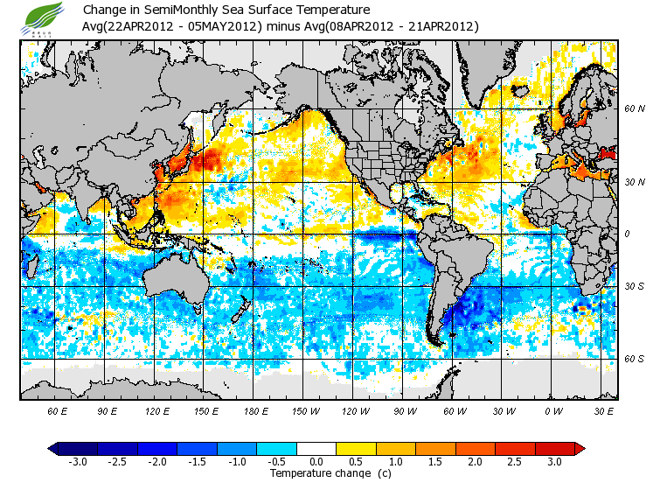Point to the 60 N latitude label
click(635, 108)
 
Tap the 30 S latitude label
click(635, 287)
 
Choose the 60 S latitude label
click(635, 359)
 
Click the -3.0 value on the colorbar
click(78, 462)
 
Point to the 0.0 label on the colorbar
click(316, 462)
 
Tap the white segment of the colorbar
click(316, 449)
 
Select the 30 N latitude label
click(635, 181)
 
